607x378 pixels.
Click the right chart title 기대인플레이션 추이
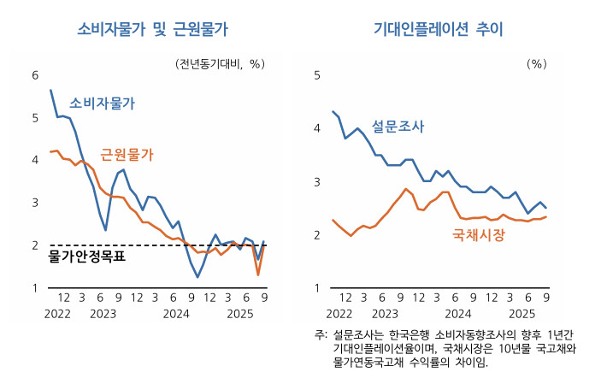439,28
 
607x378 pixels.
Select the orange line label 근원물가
127,154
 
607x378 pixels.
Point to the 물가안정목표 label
87,256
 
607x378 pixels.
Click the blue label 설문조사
398,127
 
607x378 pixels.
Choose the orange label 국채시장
478,233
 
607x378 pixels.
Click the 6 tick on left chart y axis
35,75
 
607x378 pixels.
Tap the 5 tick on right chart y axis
316,75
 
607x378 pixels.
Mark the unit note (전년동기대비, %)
221,63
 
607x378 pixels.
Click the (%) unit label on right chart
536,63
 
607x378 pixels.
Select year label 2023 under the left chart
102,314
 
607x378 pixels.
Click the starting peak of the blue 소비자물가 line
50,90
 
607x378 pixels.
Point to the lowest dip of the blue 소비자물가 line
197,277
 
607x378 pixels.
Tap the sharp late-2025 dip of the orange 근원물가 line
258,275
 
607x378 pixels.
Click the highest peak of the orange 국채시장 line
406,189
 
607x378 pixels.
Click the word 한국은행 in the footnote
410,334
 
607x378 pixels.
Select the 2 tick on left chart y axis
35,245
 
